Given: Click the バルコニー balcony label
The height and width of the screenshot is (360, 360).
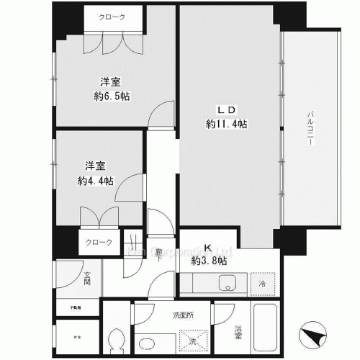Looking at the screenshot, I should (x=310, y=129).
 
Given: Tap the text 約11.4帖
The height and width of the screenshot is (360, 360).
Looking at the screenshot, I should (x=226, y=124).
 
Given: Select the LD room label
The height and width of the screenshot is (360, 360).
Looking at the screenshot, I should (x=226, y=109).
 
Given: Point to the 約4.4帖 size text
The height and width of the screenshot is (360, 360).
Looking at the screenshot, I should (x=96, y=181).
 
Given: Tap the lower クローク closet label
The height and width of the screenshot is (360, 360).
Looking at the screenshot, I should (x=99, y=243).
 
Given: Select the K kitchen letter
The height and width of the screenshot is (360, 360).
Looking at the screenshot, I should (x=209, y=247).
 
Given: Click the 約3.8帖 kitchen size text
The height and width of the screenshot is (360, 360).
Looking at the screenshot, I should (x=210, y=260).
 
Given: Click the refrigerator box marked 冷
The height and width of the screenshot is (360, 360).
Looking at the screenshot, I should (x=264, y=284).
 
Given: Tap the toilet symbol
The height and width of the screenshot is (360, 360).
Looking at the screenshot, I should (x=115, y=341).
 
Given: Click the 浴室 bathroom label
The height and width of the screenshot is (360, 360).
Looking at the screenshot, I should (x=238, y=333).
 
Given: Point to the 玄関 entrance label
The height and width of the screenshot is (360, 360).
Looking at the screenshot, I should (x=66, y=277).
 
